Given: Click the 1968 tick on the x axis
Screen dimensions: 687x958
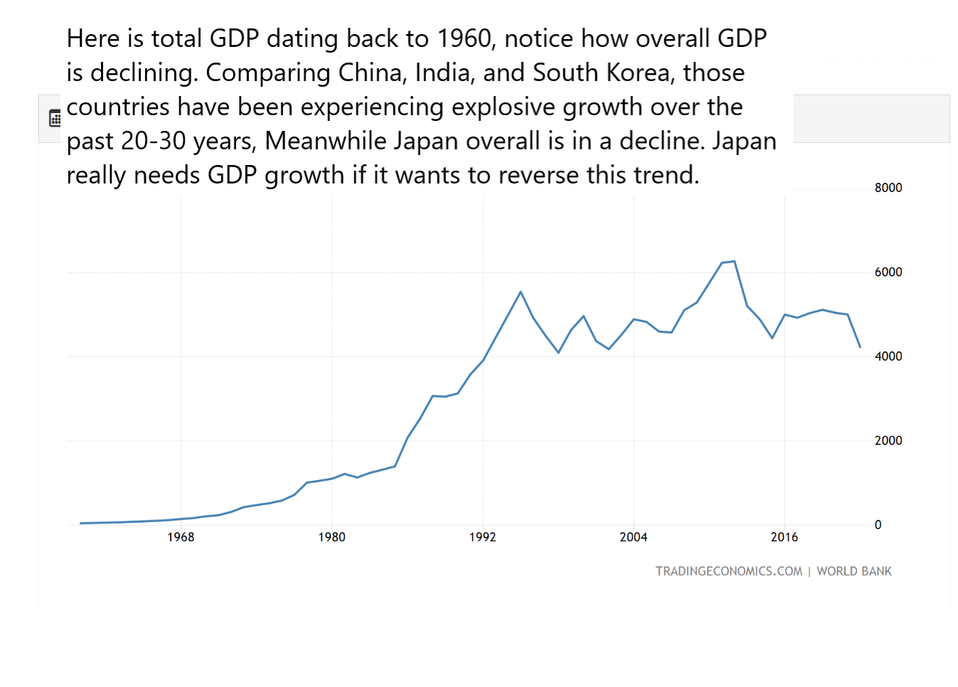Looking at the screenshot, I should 181,537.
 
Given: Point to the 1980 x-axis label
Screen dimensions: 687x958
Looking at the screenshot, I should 331,537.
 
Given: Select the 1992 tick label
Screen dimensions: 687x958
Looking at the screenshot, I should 482,537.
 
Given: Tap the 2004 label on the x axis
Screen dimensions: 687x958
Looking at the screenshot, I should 633,537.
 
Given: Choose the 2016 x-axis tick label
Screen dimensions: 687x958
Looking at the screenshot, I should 784,537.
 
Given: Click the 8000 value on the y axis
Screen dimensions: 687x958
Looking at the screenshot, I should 888,188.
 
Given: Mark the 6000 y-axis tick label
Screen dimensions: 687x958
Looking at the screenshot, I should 888,272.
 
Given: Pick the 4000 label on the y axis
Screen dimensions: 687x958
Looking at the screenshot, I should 888,356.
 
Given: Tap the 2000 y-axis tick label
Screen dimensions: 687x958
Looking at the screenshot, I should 888,441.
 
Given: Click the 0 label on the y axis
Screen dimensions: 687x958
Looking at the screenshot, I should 878,525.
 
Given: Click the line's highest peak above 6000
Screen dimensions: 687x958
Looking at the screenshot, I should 734,261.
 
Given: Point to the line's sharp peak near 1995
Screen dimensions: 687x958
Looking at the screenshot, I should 521,292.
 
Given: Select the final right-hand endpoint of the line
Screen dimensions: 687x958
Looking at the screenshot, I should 860,347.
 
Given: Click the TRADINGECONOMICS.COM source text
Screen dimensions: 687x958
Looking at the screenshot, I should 728,571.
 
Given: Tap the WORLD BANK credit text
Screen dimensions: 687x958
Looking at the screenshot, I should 853,571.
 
